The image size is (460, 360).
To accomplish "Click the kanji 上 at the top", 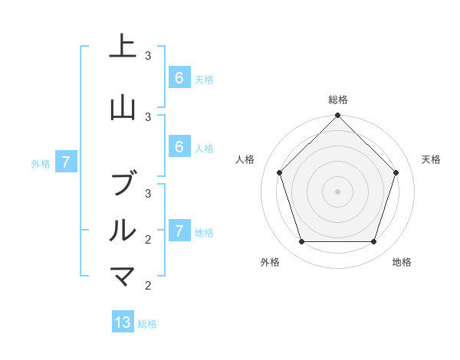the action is [123, 47].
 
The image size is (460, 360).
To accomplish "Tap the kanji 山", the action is [123, 108].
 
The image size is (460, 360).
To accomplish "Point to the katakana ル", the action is [123, 230].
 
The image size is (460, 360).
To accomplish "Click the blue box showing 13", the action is [123, 322].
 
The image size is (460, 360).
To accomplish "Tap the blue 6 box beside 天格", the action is [179, 78].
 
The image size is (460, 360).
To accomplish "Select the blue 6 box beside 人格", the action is [179, 148].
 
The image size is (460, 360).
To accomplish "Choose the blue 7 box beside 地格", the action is [179, 231].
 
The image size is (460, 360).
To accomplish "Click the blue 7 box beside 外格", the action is [66, 162].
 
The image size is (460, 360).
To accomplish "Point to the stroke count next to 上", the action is [149, 55].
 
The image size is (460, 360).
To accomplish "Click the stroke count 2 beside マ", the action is [149, 285].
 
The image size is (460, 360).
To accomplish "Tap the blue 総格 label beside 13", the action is [147, 324].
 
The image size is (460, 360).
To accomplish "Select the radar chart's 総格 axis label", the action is [337, 100].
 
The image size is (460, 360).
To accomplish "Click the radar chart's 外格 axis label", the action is [269, 263].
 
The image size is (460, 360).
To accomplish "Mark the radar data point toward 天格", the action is [396, 172].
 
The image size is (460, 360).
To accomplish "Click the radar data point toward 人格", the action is [279, 172].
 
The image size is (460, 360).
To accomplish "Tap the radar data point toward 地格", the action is [373, 241].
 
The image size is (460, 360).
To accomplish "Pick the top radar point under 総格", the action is [337, 116].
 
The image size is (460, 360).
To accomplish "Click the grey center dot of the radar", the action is [337, 191].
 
